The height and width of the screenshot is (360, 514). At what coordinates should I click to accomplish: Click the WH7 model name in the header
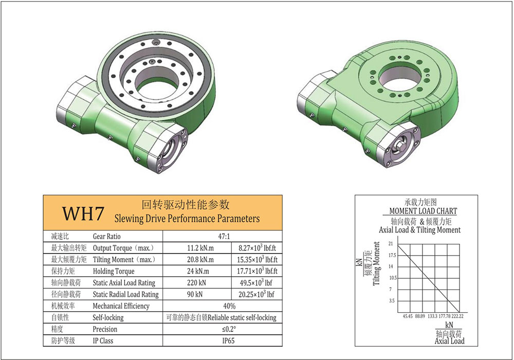pyautogui.click(x=83, y=213)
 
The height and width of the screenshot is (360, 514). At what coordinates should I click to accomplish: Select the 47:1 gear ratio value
pyautogui.click(x=224, y=237)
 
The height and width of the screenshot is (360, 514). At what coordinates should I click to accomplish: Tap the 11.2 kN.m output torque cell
pyautogui.click(x=200, y=248)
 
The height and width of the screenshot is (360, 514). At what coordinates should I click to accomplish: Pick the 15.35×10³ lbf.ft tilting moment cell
pyautogui.click(x=257, y=259)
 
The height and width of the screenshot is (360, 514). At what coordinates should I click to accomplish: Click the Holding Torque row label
pyautogui.click(x=114, y=271)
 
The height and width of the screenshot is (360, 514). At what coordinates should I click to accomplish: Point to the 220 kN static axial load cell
pyautogui.click(x=196, y=283)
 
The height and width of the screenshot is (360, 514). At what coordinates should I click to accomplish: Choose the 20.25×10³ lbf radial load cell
pyautogui.click(x=256, y=294)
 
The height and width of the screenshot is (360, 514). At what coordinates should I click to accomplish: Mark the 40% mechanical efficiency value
pyautogui.click(x=229, y=306)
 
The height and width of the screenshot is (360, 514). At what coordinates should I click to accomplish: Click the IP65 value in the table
pyautogui.click(x=229, y=340)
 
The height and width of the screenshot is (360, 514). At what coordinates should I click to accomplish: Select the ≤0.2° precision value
pyautogui.click(x=229, y=329)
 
